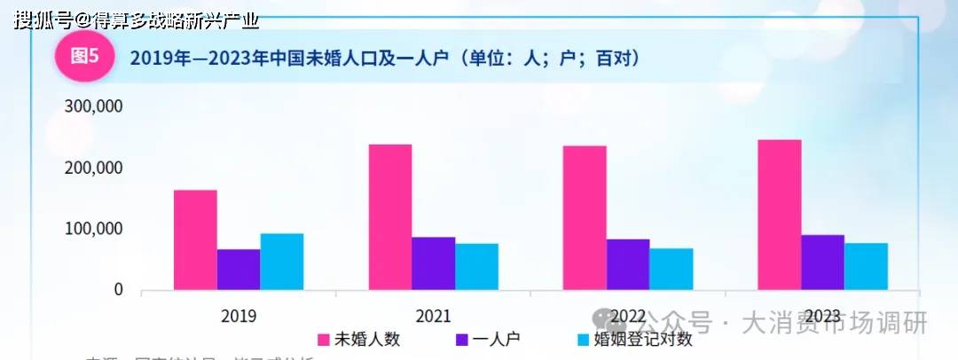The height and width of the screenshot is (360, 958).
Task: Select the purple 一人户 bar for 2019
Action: [x=239, y=270]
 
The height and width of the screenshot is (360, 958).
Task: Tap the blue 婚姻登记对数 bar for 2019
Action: [x=282, y=262]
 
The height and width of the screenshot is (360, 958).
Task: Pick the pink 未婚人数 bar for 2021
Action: [x=390, y=217]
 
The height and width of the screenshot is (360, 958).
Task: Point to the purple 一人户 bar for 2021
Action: [x=433, y=263]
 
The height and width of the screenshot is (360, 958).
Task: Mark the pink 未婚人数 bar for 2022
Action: [x=585, y=218]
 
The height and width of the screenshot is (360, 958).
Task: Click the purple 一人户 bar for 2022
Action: [x=628, y=264]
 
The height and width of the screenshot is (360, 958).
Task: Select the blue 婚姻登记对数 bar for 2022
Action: [x=671, y=269]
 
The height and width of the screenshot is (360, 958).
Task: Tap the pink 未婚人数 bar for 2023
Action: [x=780, y=215]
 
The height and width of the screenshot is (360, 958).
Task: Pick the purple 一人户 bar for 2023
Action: [x=823, y=262]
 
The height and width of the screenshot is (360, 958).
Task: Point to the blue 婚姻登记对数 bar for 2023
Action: [x=867, y=266]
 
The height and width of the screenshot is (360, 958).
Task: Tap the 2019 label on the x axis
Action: [x=239, y=316]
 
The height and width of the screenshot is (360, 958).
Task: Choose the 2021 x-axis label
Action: [x=433, y=316]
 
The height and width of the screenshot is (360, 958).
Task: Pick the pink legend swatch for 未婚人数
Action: [x=325, y=340]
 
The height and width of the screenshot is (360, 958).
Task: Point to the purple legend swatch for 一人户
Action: [x=462, y=340]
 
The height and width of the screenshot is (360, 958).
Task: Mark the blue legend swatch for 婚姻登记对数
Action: [x=583, y=340]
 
